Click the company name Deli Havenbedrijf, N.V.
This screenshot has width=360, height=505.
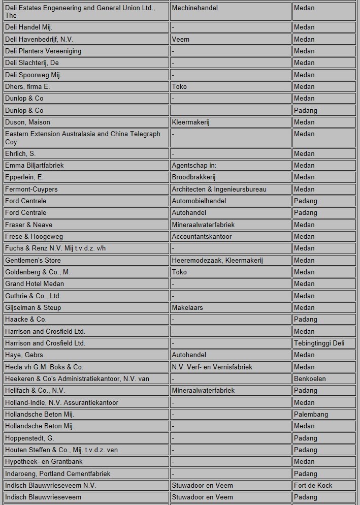point(39,39)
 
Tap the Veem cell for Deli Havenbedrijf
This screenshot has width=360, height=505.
point(180,39)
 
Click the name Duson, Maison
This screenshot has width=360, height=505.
point(27,122)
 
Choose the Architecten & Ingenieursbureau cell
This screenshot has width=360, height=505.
point(219,190)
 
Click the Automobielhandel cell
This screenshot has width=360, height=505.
point(199,201)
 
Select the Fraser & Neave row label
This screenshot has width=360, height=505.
point(28,225)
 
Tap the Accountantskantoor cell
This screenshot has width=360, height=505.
point(202,237)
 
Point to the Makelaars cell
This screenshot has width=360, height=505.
point(187,308)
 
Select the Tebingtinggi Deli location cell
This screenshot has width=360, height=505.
point(319,343)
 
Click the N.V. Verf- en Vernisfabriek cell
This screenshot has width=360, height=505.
point(212,367)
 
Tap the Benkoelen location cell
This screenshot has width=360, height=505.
point(310,379)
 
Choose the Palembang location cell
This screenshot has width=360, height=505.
point(311,415)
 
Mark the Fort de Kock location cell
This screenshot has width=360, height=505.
point(313,486)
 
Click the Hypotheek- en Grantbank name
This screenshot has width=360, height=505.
point(44,462)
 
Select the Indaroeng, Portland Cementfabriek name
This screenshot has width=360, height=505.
point(57,474)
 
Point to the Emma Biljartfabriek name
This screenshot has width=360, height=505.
point(35,166)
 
